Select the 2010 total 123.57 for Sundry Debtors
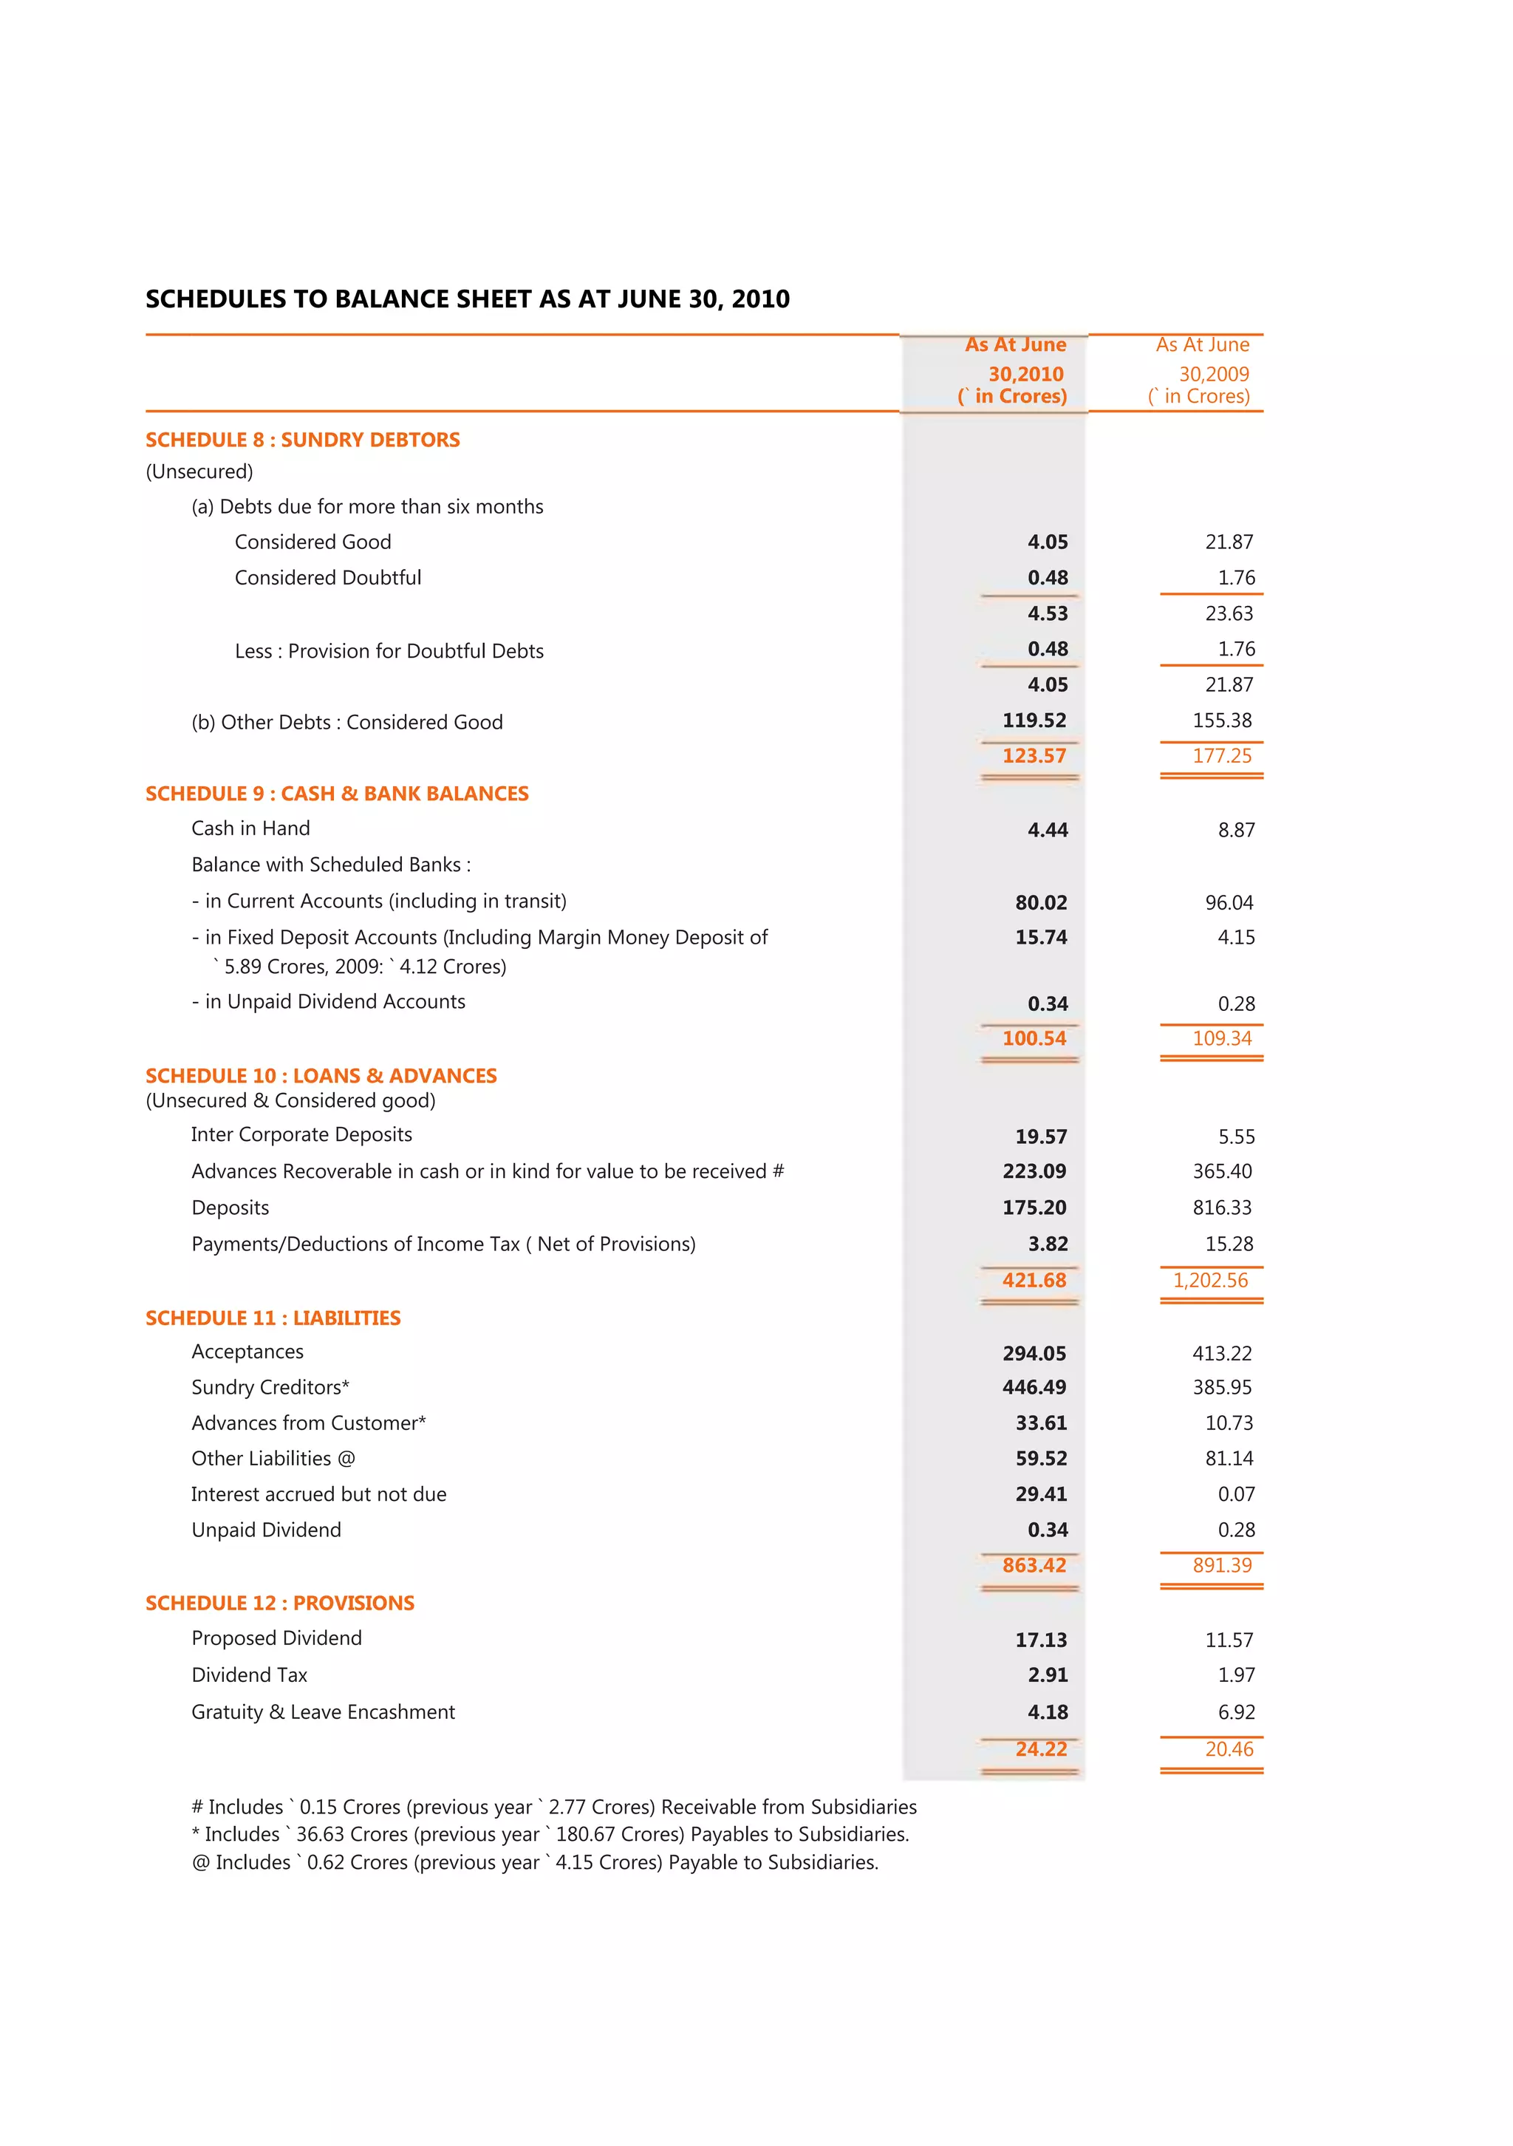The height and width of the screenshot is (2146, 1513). (1034, 755)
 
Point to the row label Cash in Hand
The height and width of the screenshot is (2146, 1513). (250, 828)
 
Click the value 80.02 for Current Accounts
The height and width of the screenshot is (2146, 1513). (1040, 902)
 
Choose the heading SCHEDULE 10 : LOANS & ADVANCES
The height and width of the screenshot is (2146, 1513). (321, 1075)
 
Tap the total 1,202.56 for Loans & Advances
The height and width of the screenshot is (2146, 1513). (1210, 1280)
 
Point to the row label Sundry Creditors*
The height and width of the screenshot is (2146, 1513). (270, 1387)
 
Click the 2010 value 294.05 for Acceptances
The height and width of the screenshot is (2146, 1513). (1034, 1352)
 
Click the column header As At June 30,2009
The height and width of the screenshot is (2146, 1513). (1202, 370)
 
